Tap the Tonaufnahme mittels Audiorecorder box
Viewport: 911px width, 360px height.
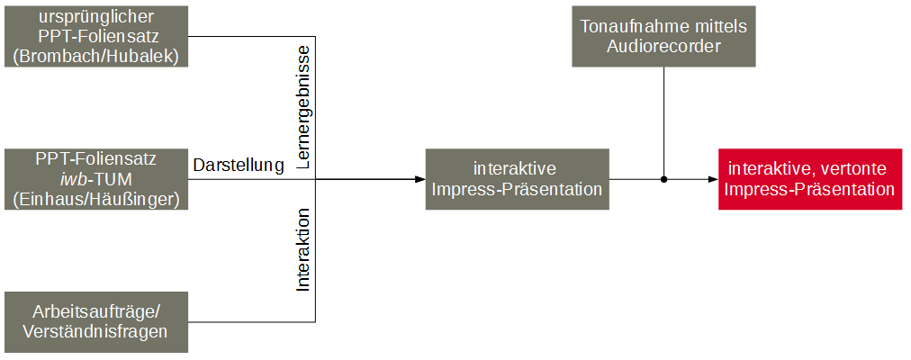(x=663, y=37)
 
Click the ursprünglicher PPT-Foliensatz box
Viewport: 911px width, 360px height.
(x=97, y=37)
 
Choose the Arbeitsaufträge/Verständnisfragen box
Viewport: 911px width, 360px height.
(x=97, y=321)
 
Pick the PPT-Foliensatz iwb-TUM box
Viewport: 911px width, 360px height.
(x=97, y=179)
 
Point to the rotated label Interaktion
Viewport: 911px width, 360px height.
(x=303, y=250)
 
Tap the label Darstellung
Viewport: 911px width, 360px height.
(x=239, y=166)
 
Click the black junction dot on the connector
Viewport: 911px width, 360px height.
(x=663, y=179)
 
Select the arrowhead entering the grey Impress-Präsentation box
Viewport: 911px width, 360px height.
(x=420, y=179)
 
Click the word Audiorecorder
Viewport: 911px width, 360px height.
(x=663, y=47)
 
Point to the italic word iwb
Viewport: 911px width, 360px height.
(x=73, y=179)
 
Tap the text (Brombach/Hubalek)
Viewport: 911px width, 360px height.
(x=97, y=57)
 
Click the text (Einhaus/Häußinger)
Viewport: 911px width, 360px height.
(x=97, y=199)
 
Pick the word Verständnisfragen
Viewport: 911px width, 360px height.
(x=97, y=332)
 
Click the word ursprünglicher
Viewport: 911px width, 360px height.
(x=97, y=17)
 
